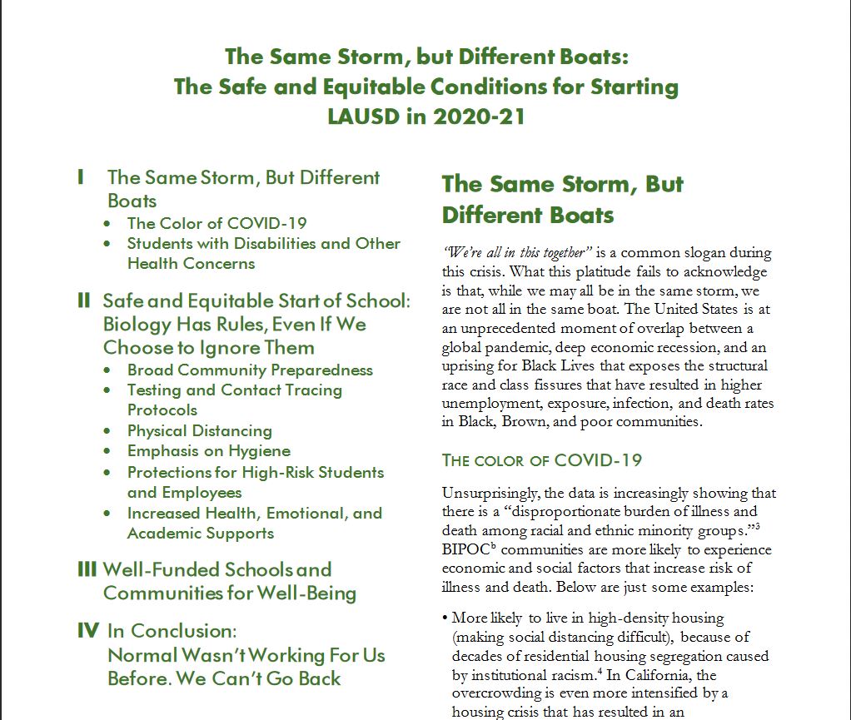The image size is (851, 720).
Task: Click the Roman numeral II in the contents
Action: [x=84, y=300]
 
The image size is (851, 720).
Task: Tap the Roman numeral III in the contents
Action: [x=87, y=570]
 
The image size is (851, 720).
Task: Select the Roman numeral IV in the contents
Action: [x=88, y=631]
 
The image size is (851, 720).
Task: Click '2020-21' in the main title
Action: [x=479, y=116]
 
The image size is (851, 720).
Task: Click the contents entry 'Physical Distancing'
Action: [x=199, y=431]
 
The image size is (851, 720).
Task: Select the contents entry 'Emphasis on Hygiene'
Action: [x=208, y=451]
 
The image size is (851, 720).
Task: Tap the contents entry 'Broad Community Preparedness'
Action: [x=250, y=370]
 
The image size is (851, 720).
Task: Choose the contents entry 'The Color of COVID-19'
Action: [x=216, y=223]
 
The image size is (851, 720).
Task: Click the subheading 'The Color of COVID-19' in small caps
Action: [x=541, y=460]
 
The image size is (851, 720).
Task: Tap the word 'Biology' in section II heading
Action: [x=138, y=324]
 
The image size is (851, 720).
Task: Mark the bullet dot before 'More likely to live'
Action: [x=446, y=618]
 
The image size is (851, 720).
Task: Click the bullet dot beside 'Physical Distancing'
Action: [x=107, y=431]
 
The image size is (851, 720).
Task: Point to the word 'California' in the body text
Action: [x=650, y=676]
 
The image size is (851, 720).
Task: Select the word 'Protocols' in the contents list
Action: [x=162, y=410]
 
